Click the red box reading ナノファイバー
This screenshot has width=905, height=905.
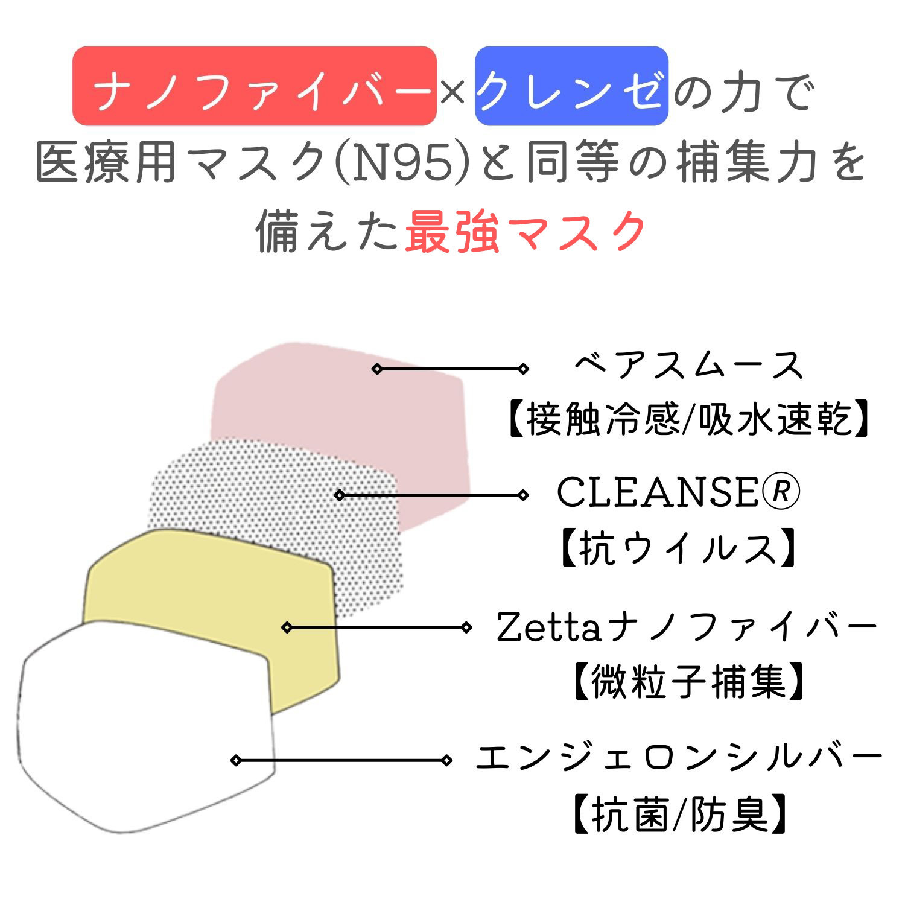pyautogui.click(x=254, y=86)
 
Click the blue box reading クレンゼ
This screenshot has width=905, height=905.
pyautogui.click(x=571, y=86)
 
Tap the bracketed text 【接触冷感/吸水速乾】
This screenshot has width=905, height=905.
pyautogui.click(x=688, y=419)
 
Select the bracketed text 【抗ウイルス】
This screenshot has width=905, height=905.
pyautogui.click(x=678, y=548)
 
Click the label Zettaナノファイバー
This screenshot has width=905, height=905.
pyautogui.click(x=687, y=627)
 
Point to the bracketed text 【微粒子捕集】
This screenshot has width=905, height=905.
pyautogui.click(x=688, y=682)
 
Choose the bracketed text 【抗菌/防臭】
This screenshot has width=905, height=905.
pyautogui.click(x=679, y=814)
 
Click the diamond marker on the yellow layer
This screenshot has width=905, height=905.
pyautogui.click(x=287, y=627)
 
